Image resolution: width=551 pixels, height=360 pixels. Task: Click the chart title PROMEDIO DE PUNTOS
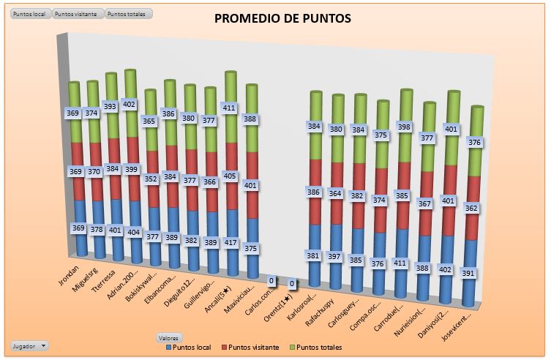282,18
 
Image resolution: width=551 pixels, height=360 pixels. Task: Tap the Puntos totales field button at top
128,14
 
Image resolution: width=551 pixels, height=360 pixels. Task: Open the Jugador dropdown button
30,345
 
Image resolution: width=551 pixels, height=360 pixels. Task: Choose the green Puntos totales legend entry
316,347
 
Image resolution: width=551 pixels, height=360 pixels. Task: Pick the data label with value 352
149,178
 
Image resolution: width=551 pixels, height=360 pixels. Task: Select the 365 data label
149,121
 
